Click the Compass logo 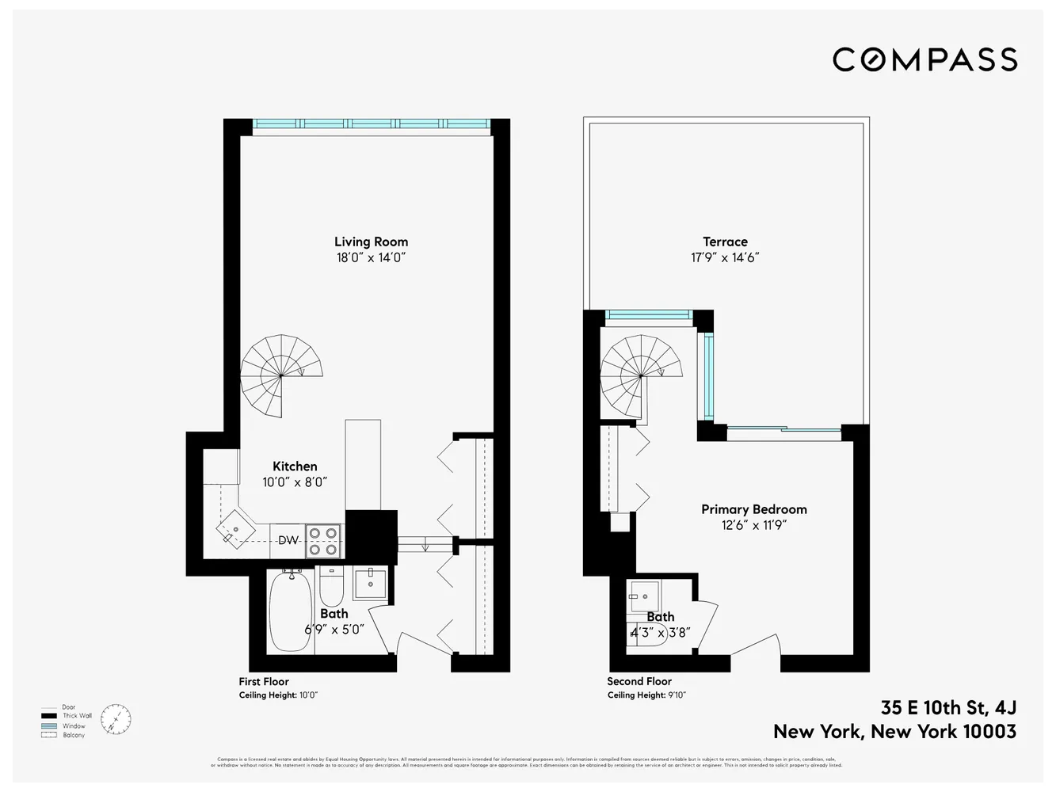[924, 59]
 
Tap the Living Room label [371, 242]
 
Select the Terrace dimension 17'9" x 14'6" [725, 257]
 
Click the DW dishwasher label [288, 540]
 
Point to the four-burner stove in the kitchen [323, 541]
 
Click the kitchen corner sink [235, 528]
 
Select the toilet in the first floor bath [330, 588]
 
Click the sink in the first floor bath [370, 583]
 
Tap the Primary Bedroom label [753, 509]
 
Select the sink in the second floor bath [644, 596]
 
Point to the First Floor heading [264, 681]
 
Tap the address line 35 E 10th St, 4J [948, 707]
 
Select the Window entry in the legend [74, 725]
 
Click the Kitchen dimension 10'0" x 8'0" [295, 482]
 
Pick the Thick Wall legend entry [77, 716]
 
